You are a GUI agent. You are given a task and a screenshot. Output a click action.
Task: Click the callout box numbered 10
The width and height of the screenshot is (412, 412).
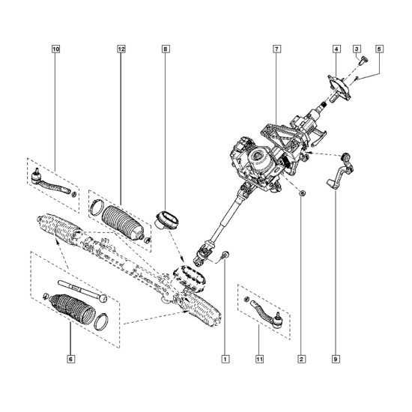[56, 49]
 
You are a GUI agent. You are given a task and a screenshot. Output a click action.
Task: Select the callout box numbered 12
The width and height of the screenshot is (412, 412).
[121, 49]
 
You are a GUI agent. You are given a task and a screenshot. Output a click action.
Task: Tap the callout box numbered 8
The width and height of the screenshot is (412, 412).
[166, 49]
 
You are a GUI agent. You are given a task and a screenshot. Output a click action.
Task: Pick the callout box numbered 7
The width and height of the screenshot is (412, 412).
[276, 49]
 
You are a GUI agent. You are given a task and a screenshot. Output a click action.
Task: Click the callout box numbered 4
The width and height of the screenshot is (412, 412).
[336, 49]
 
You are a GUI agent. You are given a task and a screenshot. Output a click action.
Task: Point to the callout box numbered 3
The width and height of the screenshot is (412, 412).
[357, 49]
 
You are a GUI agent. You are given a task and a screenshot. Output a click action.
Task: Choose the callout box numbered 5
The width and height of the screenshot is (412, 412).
[379, 49]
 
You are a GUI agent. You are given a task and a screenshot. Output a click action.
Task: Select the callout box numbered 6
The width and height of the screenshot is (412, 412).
[70, 359]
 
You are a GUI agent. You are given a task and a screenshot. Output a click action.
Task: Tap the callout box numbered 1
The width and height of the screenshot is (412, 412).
[225, 359]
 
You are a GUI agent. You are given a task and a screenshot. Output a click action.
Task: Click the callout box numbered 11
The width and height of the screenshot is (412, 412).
[259, 359]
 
